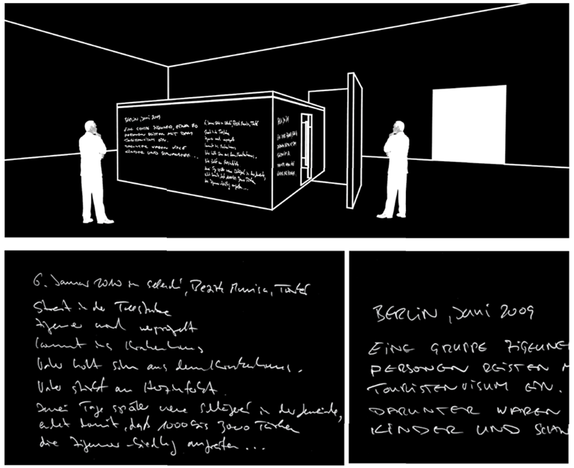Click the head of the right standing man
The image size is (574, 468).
399,127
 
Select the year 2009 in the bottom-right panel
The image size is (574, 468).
516,311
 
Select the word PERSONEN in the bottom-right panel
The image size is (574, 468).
419,368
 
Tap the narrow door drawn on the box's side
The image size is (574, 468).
306,149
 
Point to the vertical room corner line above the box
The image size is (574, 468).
169,82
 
